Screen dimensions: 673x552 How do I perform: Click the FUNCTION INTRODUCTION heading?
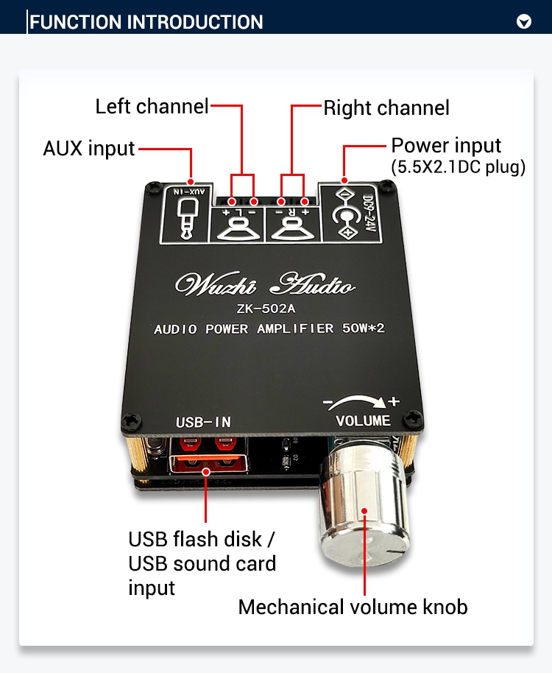[x=146, y=22]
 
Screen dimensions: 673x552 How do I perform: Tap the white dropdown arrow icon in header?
[x=524, y=21]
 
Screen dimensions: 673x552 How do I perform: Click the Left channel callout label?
[x=152, y=107]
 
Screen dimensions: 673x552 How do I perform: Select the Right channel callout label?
[x=386, y=108]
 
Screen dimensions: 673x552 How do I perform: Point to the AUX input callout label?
[x=89, y=149]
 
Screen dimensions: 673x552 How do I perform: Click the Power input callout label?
[x=446, y=145]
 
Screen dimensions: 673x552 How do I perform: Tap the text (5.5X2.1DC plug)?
[x=458, y=167]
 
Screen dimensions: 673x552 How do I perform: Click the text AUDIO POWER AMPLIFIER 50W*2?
[x=269, y=329]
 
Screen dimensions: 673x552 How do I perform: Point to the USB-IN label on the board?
[x=203, y=422]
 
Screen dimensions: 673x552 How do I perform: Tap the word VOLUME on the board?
[x=363, y=420]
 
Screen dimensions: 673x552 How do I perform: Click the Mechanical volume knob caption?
[x=353, y=607]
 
